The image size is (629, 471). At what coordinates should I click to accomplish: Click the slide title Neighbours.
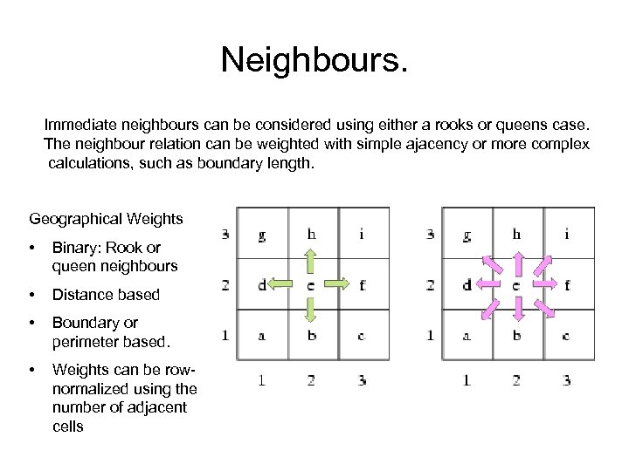[314, 60]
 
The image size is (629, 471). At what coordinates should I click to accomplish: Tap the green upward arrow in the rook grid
[311, 263]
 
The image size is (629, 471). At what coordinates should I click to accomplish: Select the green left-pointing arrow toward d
[281, 284]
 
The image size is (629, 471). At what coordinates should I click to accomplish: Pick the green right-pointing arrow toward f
[341, 284]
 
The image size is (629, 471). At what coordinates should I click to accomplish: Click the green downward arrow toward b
[311, 308]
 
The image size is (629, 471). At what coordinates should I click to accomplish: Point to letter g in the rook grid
[262, 235]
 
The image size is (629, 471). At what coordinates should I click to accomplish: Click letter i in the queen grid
[567, 233]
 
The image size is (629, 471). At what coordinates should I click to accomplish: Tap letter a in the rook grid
[262, 335]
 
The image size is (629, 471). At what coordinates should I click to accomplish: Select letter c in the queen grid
[567, 335]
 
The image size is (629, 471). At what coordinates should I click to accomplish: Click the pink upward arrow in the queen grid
[517, 262]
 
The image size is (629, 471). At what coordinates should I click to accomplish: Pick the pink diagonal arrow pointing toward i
[543, 263]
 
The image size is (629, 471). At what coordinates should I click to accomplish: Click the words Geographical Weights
[106, 218]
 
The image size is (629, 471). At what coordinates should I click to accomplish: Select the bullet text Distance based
[106, 295]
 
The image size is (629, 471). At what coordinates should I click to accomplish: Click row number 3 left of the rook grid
[225, 234]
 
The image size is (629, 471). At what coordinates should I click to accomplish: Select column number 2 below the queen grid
[516, 379]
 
